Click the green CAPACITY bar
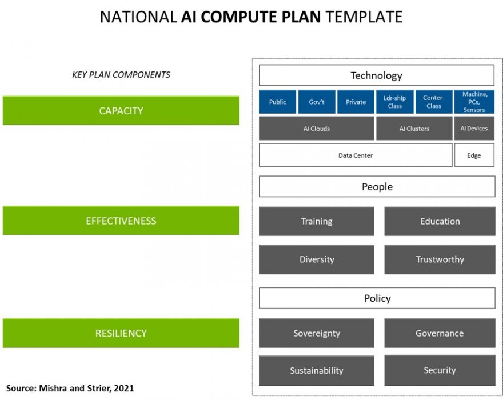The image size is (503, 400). [121, 110]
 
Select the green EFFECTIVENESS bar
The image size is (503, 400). [121, 221]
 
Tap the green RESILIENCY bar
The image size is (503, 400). [121, 333]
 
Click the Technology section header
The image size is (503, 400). [376, 75]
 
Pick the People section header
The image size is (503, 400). [377, 186]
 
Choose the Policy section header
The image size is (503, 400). [377, 298]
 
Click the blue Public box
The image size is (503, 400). [277, 102]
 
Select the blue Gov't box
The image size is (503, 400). [317, 102]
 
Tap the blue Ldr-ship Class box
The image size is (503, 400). [394, 102]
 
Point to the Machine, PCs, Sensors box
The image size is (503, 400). [474, 102]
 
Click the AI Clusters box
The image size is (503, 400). [414, 129]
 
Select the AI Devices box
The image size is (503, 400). [474, 129]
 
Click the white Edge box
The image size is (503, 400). [474, 155]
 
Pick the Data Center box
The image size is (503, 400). [355, 155]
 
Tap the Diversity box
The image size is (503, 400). [317, 259]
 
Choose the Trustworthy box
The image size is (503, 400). [440, 259]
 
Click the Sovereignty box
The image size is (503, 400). [317, 333]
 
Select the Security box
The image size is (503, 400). [440, 370]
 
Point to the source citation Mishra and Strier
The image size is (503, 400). [70, 388]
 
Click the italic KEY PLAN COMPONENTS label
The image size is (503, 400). [121, 75]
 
